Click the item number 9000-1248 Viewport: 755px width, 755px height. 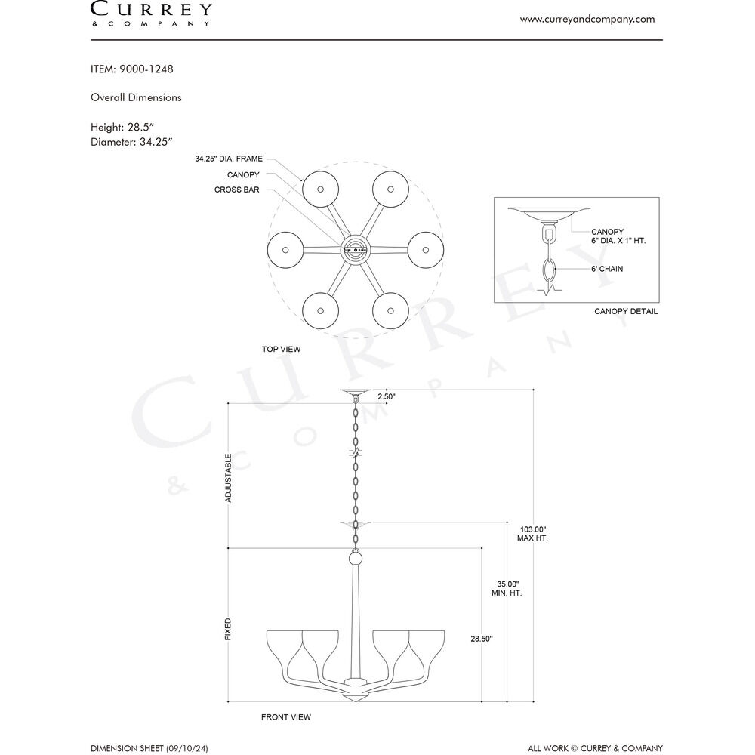point(146,69)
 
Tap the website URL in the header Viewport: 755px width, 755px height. point(587,20)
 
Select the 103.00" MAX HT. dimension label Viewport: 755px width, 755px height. point(532,534)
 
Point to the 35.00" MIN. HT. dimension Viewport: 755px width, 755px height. point(507,588)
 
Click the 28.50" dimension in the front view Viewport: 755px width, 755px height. point(482,639)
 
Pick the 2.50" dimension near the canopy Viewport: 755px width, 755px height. point(386,397)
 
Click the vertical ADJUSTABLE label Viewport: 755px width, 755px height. point(228,478)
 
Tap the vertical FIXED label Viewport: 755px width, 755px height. point(228,630)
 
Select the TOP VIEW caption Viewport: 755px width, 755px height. point(281,349)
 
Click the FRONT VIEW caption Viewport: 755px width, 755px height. point(286,717)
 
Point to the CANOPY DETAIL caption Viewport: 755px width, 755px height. point(626,312)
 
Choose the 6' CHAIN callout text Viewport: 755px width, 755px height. point(607,269)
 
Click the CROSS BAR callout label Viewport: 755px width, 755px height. point(237,190)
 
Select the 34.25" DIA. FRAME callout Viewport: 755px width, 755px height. point(229,159)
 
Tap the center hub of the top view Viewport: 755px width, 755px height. point(356,250)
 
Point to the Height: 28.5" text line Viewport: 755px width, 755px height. point(122,127)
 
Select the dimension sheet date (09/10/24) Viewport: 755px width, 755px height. point(187,748)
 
